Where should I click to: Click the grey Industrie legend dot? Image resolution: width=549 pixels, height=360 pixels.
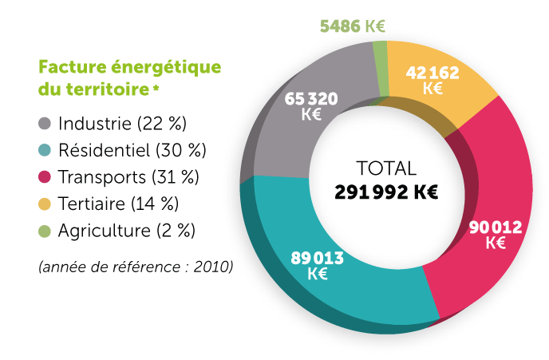click(45, 125)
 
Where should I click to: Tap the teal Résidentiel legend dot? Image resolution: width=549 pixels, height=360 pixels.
click(45, 150)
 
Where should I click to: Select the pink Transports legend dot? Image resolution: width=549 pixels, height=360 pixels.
click(45, 176)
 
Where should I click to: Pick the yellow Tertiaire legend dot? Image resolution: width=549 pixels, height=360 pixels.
click(45, 204)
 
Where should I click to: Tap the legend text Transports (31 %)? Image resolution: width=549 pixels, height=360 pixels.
click(128, 176)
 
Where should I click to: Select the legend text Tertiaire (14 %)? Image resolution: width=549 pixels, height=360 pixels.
click(118, 204)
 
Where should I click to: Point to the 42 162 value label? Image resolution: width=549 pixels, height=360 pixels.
click(432, 80)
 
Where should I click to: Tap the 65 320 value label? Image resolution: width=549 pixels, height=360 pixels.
click(311, 105)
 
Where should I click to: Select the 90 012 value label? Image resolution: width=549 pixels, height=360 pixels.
click(495, 235)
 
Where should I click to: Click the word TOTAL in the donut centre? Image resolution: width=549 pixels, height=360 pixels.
click(386, 168)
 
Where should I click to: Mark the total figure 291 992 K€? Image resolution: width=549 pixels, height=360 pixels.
click(387, 192)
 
